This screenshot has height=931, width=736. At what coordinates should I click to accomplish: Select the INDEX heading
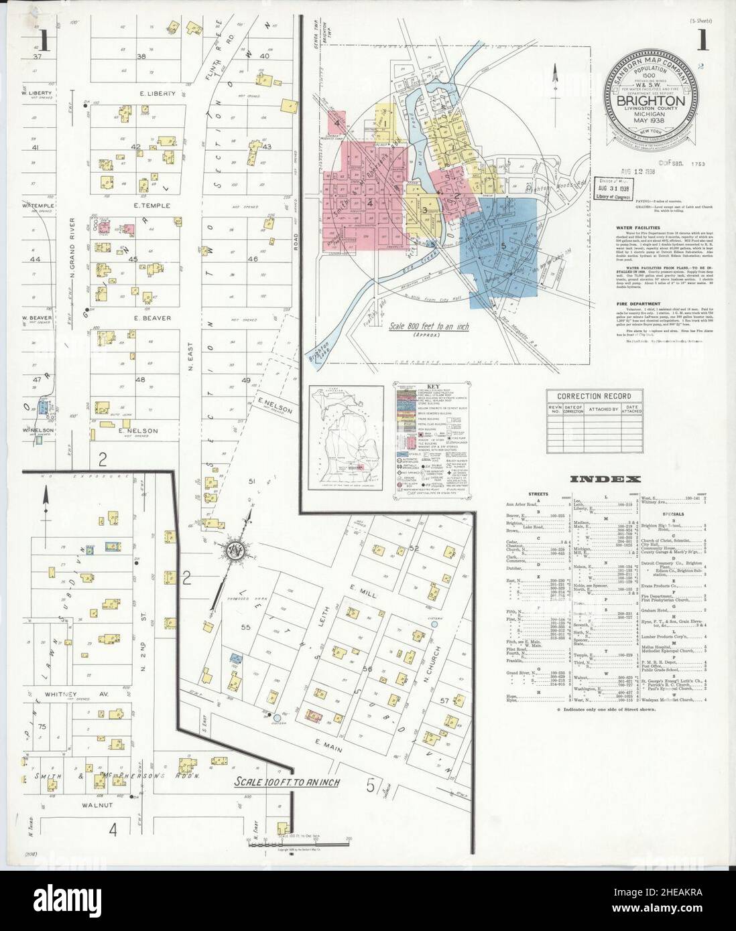(605, 478)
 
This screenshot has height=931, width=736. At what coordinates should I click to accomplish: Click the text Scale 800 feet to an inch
(429, 328)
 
